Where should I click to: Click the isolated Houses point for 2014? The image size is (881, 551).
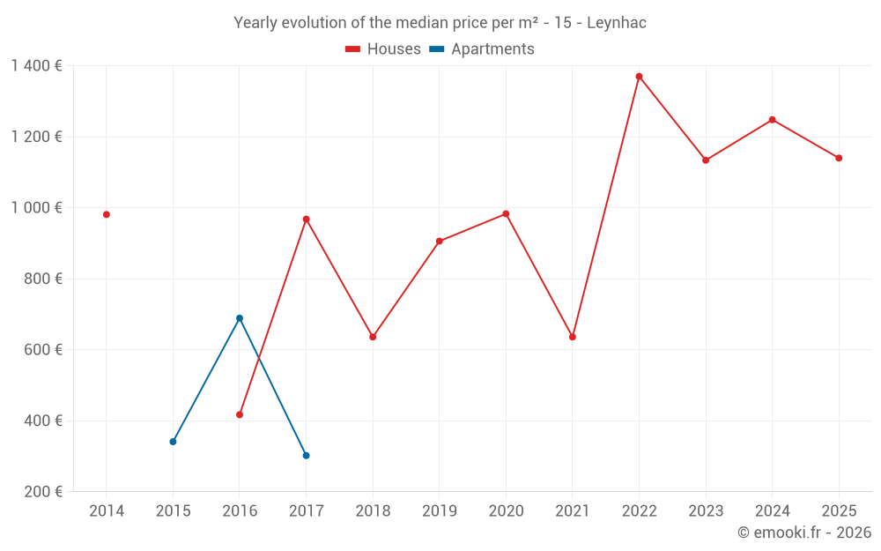tap(107, 214)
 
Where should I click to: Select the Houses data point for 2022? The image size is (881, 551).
tap(639, 77)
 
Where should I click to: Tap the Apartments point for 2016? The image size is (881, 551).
tap(240, 318)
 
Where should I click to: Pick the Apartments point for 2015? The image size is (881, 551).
tap(173, 442)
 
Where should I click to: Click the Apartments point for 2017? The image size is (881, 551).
tap(306, 456)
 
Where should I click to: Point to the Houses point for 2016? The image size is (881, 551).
tap(240, 414)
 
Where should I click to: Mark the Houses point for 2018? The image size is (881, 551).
tap(373, 337)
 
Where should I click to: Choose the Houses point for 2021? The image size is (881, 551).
tap(573, 337)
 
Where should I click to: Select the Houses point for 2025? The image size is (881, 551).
tap(839, 158)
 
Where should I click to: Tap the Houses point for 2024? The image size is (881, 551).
tap(772, 120)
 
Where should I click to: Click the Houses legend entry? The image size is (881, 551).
tap(383, 49)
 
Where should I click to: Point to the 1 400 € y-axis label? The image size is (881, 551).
tap(36, 66)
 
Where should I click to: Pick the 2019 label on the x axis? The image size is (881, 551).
tap(439, 511)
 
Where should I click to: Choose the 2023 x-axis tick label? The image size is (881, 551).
tap(706, 511)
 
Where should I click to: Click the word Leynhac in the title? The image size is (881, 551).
tap(617, 23)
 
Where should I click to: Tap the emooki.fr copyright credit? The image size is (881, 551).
tap(803, 532)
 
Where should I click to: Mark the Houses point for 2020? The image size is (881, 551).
tap(506, 213)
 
